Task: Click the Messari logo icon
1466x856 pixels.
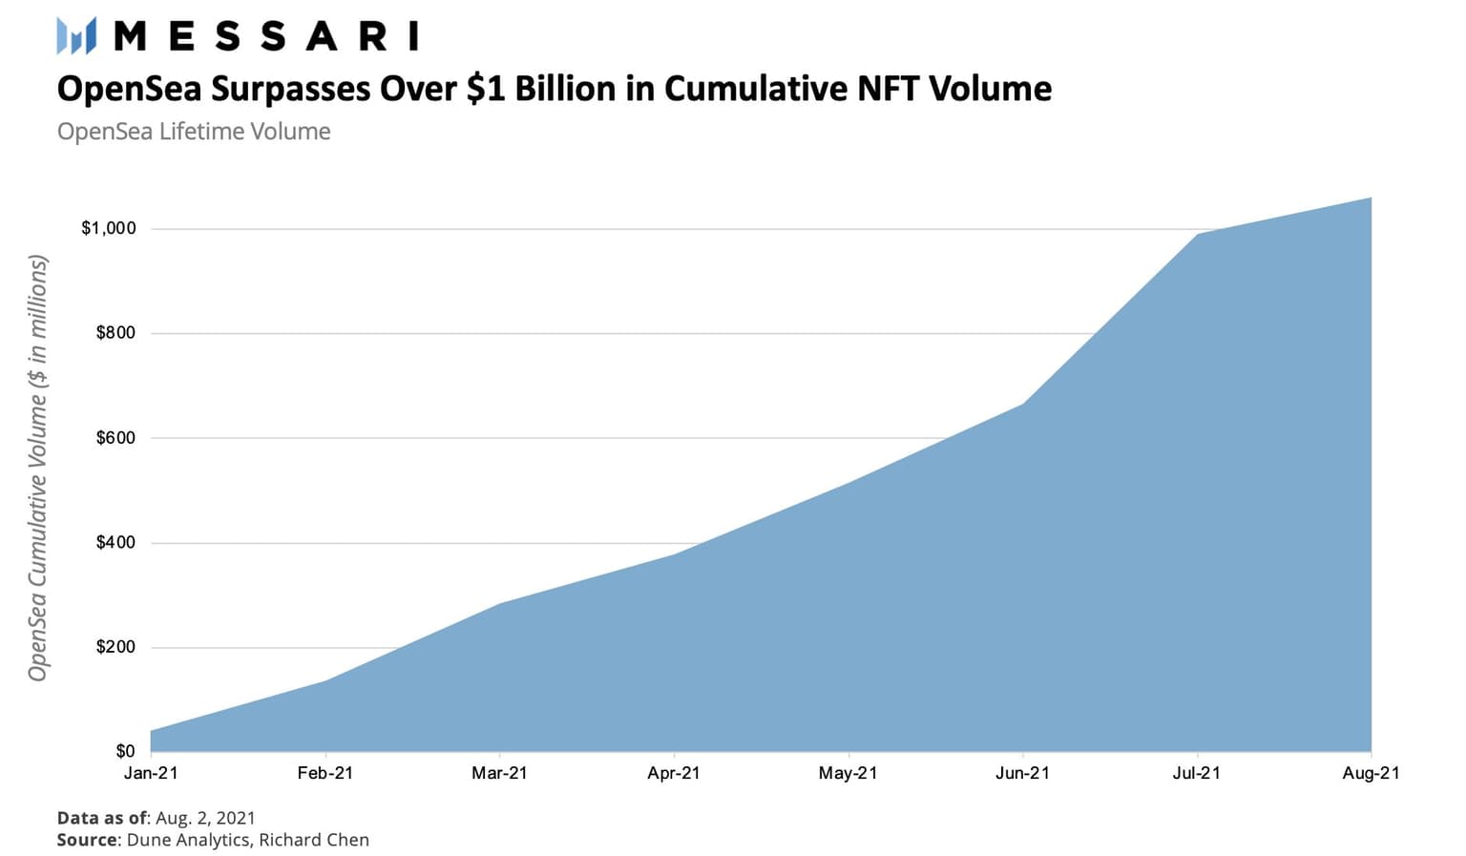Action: point(76,36)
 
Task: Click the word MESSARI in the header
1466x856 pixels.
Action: point(266,36)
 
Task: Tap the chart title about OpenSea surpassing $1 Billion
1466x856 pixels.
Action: point(554,89)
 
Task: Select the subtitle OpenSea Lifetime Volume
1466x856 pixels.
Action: point(194,132)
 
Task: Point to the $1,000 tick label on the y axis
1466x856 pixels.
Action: point(109,228)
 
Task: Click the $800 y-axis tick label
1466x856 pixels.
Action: point(115,333)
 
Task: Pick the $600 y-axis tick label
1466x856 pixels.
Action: point(115,438)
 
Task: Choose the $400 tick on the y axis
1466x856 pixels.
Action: point(115,542)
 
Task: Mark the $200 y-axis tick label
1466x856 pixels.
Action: point(115,647)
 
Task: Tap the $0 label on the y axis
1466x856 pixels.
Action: point(125,751)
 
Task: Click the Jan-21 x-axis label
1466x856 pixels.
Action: point(151,773)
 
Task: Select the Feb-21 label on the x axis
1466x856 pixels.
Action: point(325,773)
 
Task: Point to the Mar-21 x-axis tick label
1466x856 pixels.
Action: point(499,773)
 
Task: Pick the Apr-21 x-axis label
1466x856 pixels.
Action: point(674,773)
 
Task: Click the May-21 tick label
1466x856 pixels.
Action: point(848,773)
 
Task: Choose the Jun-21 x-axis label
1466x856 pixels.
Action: point(1022,773)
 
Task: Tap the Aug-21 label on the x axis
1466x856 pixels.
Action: point(1371,773)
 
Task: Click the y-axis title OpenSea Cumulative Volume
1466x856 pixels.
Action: point(37,468)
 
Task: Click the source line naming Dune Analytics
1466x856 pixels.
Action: point(213,840)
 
